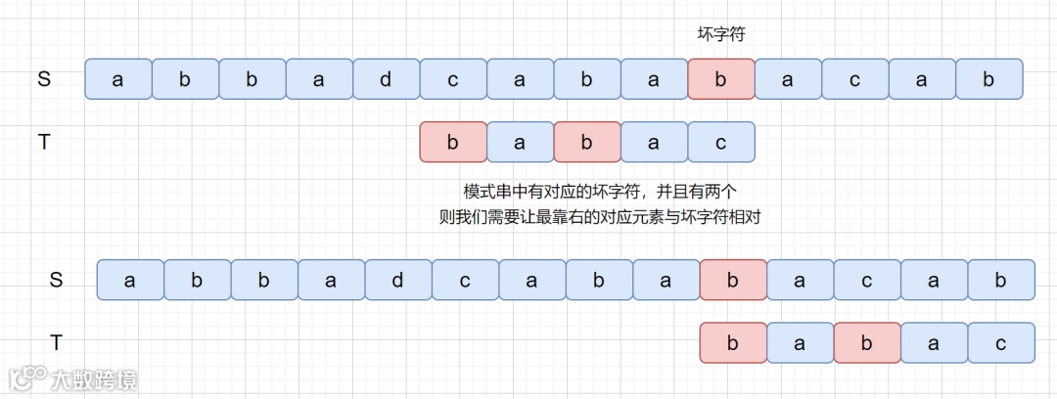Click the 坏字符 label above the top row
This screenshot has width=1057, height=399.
(721, 34)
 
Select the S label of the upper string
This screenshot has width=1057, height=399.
(44, 79)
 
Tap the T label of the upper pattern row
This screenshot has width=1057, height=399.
(44, 142)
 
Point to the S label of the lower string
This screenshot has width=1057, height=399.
(56, 280)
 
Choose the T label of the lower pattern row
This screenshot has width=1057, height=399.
(56, 342)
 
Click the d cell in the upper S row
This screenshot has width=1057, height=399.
(386, 79)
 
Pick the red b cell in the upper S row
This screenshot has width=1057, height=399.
(721, 79)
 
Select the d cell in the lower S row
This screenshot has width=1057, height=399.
(397, 280)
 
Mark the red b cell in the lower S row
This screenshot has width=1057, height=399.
(733, 280)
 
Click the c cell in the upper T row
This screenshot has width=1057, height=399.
(721, 142)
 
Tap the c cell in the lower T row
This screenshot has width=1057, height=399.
(1001, 342)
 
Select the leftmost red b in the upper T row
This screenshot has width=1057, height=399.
(452, 142)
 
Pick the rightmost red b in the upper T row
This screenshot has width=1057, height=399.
(587, 142)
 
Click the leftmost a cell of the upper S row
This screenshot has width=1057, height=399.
(118, 79)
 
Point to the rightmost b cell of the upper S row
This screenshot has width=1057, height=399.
(989, 79)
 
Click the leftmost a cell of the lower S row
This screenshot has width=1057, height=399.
(130, 280)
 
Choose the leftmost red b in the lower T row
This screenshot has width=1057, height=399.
(733, 342)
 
